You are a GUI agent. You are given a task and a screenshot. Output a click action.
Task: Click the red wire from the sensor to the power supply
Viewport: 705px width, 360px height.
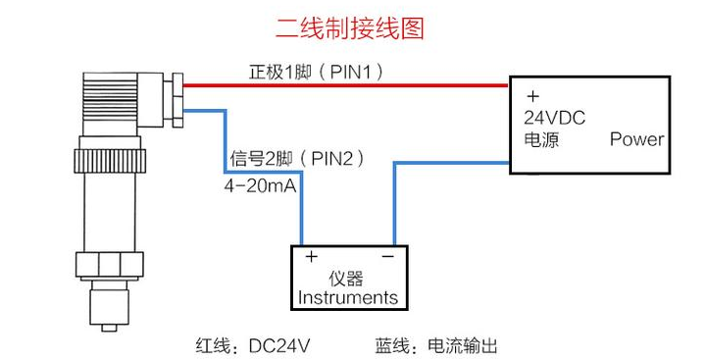pos(343,85)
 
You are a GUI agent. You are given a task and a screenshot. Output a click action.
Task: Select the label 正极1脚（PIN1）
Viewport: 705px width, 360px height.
pos(314,71)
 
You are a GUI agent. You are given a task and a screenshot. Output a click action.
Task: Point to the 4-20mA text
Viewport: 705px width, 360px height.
pos(257,182)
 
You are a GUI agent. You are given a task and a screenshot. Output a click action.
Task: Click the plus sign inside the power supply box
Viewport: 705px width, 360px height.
pos(532,96)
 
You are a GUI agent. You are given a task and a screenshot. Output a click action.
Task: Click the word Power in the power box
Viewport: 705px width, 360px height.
pos(636,139)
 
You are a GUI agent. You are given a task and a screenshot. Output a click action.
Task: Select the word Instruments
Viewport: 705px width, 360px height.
pos(348,297)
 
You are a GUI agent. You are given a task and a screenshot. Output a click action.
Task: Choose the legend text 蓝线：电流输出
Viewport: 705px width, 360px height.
pos(436,345)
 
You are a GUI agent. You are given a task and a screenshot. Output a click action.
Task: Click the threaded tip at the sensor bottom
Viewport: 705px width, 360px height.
pos(110,309)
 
